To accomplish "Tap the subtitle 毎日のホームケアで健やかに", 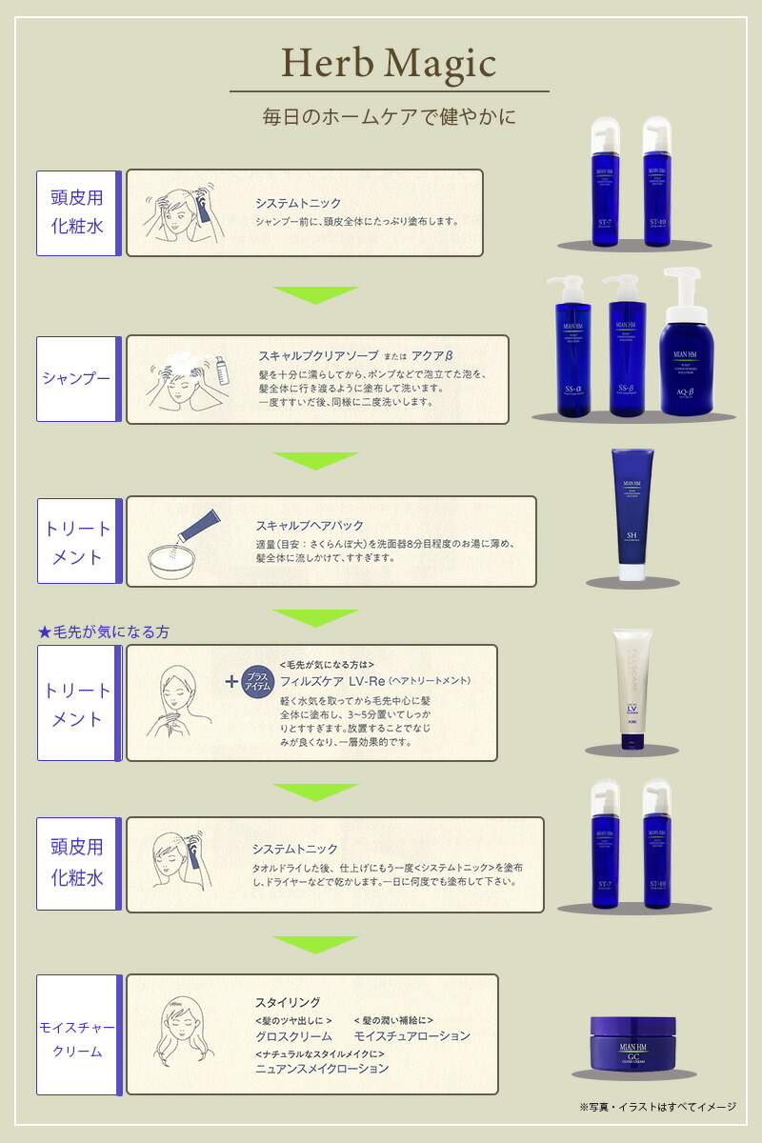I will [389, 118].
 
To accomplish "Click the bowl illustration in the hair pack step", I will [175, 563].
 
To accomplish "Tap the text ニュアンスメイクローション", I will [322, 1069].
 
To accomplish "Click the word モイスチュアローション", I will [412, 1036].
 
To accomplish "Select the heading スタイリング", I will [288, 1002].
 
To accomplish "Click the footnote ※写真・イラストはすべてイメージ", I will [657, 1107].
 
